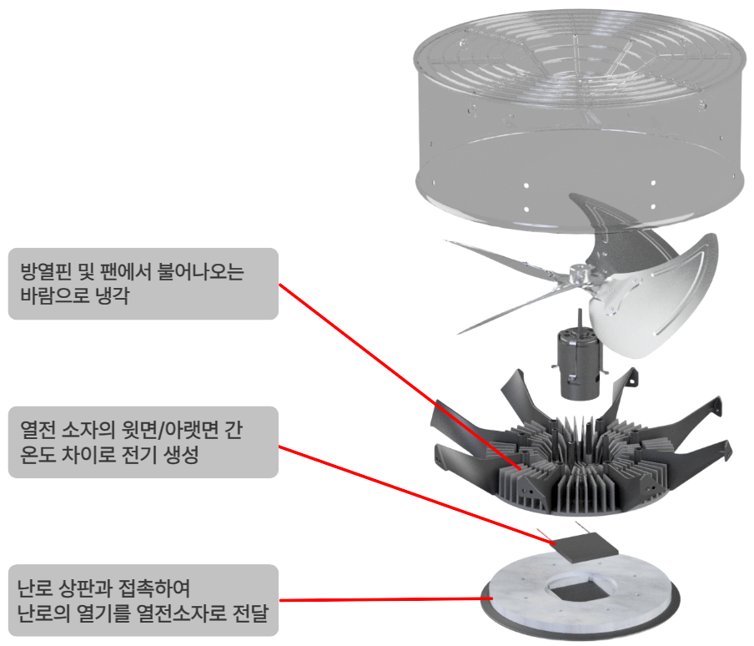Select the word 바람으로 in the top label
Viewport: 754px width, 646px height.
[x=55, y=295]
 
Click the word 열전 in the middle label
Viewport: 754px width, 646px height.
[x=37, y=430]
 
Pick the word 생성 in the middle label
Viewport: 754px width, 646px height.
[x=183, y=454]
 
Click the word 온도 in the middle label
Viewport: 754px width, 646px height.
[x=37, y=454]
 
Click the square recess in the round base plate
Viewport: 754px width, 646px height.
[x=580, y=591]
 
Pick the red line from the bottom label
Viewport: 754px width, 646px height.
[x=385, y=599]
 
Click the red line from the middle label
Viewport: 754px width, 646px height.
[x=417, y=496]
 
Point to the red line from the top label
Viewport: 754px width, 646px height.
[x=400, y=376]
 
